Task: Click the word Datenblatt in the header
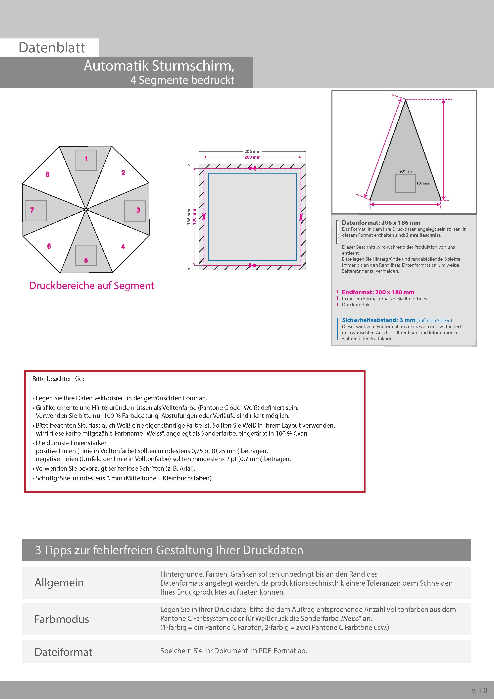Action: coord(52,47)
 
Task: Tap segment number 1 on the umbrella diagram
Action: coord(86,159)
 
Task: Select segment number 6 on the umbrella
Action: coord(49,246)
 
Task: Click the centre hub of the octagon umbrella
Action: coord(86,209)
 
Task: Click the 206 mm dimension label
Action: coord(252,151)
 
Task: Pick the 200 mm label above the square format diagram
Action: coord(252,157)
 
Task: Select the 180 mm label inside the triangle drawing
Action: coord(422,183)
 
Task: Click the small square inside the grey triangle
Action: coord(405,183)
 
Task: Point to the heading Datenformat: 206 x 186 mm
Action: coord(381,223)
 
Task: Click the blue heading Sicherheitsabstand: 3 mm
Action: coord(378,320)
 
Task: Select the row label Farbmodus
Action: coord(62,619)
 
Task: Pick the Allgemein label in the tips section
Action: coord(59,582)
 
